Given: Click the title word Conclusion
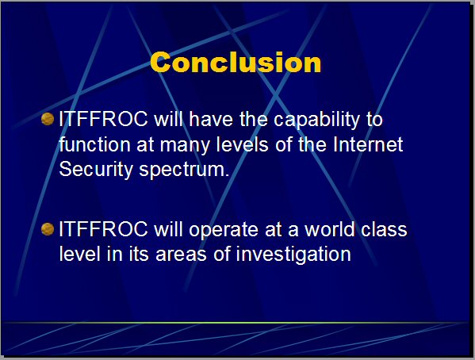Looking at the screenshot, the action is pos(236,62).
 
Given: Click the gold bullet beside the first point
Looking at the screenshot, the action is pos(48,119).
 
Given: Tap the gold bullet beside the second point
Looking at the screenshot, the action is pos(48,229).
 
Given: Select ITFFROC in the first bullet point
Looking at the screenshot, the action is pos(103,119).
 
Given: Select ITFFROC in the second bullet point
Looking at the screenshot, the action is pos(103,229).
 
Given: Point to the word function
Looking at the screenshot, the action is pos(94,144).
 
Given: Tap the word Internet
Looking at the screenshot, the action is pos(368,144).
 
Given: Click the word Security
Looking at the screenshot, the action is pos(96,170).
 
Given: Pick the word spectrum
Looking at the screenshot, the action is pos(181,170).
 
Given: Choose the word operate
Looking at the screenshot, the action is pos(224,230).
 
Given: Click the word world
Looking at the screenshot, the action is pos(330,229).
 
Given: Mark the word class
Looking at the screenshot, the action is pos(384,229).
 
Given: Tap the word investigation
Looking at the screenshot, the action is pos(293,255).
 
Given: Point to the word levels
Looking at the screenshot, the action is pos(242,144).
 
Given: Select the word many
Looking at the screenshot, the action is pos(185,146).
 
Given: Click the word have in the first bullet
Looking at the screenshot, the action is pos(211,119).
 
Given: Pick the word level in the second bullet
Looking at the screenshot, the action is pos(79,254).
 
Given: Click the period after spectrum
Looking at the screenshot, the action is pos(227,175).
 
